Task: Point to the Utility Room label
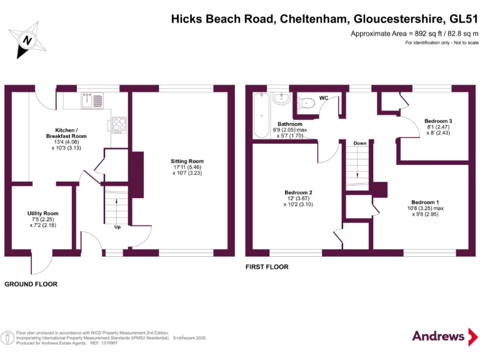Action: click(42, 218)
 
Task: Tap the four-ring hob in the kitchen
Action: click(119, 124)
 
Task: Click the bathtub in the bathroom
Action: click(260, 115)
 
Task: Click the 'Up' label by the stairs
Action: click(117, 227)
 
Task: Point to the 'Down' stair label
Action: click(359, 143)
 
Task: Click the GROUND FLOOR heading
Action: click(31, 284)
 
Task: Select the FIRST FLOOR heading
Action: click(267, 267)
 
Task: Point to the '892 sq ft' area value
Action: click(406, 33)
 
